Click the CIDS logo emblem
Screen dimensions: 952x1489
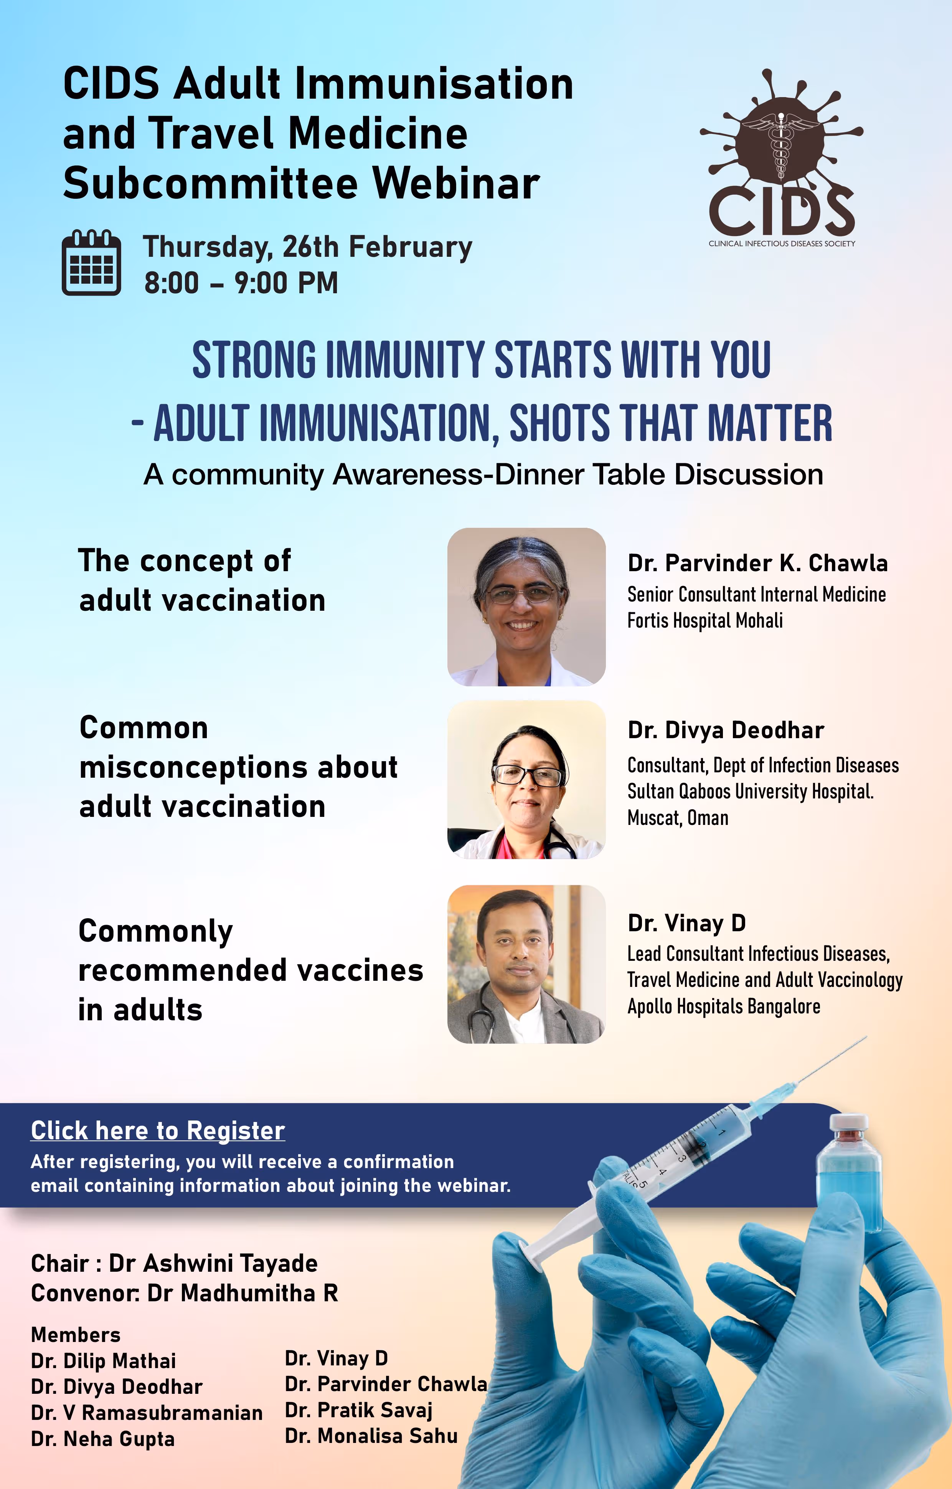point(781,158)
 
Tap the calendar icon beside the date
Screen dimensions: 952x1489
point(91,263)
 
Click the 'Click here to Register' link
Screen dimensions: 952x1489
point(158,1130)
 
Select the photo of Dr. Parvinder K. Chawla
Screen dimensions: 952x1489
point(526,607)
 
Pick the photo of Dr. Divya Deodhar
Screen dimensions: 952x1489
point(526,779)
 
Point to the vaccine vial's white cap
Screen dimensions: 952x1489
point(849,1122)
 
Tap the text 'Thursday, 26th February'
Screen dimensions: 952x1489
point(308,247)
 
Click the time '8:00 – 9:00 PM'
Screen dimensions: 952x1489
point(241,283)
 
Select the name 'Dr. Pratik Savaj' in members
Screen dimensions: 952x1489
point(358,1410)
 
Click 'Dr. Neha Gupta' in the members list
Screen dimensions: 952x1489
point(102,1439)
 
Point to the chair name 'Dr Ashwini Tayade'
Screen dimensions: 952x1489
point(213,1263)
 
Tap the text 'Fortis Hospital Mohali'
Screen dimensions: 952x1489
point(705,620)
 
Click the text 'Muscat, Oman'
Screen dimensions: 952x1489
point(678,818)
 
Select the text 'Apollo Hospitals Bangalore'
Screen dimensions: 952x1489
point(724,1007)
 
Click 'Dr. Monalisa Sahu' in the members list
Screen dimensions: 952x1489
point(371,1436)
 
